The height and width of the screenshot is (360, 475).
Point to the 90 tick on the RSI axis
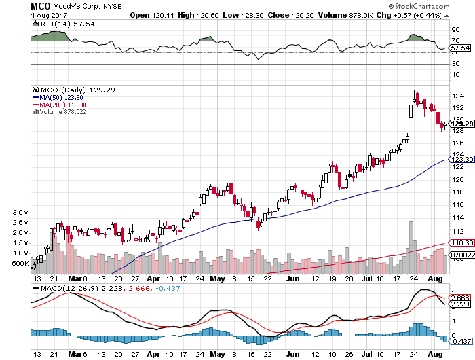point(455,30)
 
